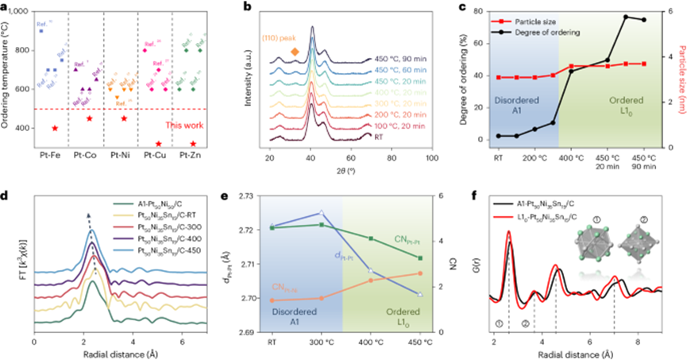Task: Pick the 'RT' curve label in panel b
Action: [376, 137]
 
